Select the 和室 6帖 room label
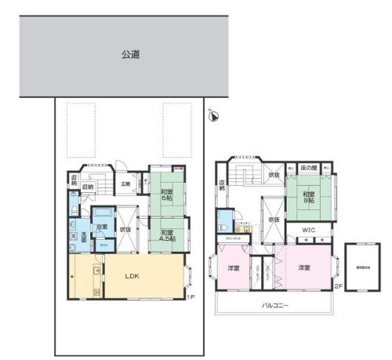pos(168,195)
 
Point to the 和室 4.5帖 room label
pos(167,234)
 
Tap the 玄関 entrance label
pos(125,184)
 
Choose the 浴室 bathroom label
pos(102,227)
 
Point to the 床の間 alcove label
pos(309,168)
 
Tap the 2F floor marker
pos(337,287)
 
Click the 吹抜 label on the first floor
pos(125,229)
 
